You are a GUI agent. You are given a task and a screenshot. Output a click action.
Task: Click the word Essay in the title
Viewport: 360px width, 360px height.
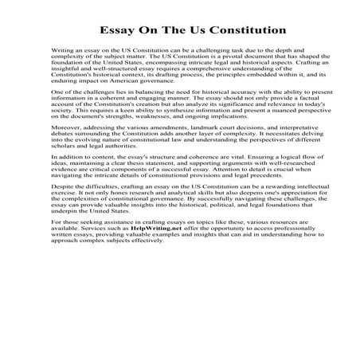tap(118, 31)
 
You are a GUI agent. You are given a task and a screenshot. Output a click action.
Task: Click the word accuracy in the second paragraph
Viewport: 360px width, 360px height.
tap(213, 93)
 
